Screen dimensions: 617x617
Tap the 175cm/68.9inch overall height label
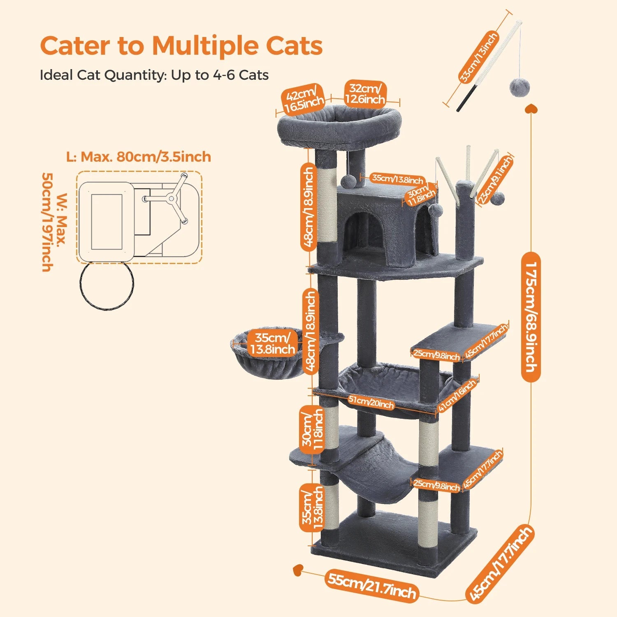tap(530, 317)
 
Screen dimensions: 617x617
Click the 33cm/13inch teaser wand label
tap(478, 57)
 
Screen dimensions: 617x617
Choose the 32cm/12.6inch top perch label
tap(365, 94)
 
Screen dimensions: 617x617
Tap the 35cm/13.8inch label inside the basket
tap(272, 344)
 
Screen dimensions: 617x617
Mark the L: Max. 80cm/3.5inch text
tap(139, 157)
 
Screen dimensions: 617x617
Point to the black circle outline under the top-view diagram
tap(107, 286)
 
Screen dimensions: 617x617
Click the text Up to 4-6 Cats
tap(220, 75)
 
